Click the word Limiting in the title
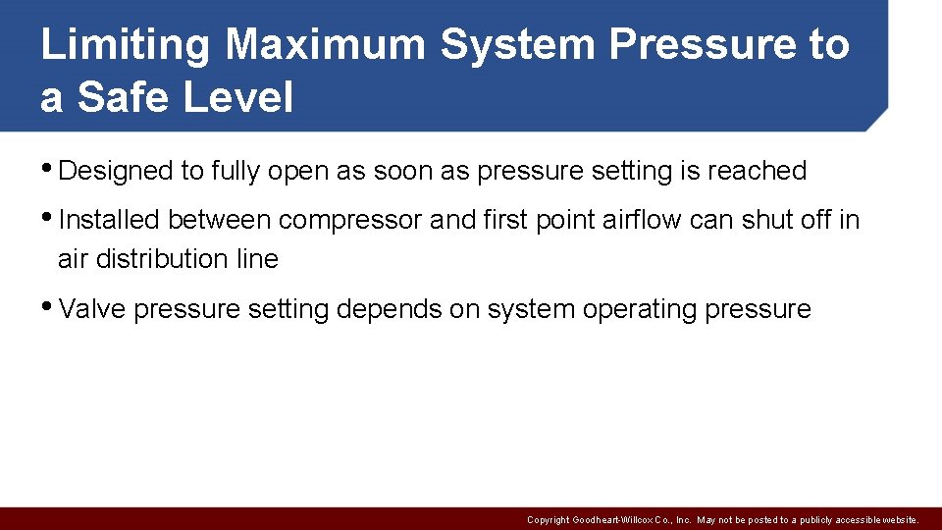coord(125,45)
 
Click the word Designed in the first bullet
coord(116,171)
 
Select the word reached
coord(757,171)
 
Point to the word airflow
coord(637,220)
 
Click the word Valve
coord(92,309)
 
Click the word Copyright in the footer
coord(547,520)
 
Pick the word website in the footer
coord(898,520)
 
